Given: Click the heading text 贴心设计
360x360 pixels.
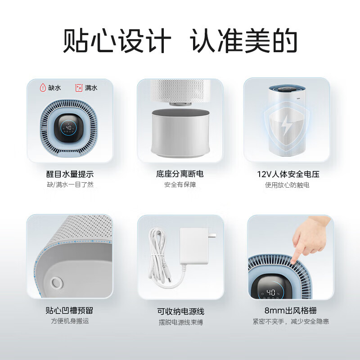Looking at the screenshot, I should click(117, 42).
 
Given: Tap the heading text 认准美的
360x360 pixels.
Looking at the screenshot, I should click(243, 42).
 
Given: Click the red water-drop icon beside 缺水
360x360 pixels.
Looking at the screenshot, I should click(43, 87).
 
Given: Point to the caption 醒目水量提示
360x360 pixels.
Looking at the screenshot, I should click(70, 174).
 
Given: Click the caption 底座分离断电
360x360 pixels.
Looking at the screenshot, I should click(180, 174).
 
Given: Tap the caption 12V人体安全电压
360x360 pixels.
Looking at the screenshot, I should click(288, 174).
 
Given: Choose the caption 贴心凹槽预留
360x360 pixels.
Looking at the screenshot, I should click(70, 310).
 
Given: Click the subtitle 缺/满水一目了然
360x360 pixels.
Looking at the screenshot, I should click(70, 185).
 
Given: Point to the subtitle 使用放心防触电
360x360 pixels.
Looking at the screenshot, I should click(288, 185).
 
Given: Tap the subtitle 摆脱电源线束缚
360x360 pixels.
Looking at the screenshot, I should click(180, 322).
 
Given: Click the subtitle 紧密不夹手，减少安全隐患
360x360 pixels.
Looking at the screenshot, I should click(290, 321).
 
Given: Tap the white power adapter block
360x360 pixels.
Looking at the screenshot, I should click(195, 245).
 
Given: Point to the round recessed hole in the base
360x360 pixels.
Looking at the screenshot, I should click(57, 283).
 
